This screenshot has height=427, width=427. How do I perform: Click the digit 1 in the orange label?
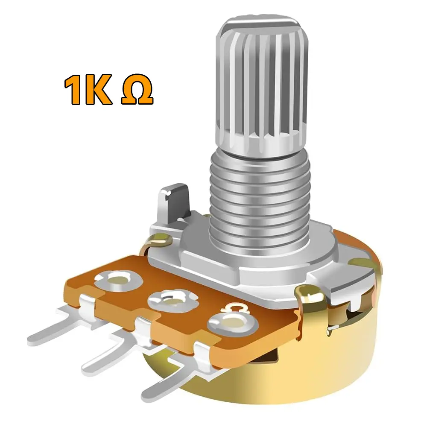(73, 91)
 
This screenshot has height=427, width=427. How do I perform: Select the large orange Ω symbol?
(137, 91)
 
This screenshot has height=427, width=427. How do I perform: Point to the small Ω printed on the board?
(234, 307)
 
